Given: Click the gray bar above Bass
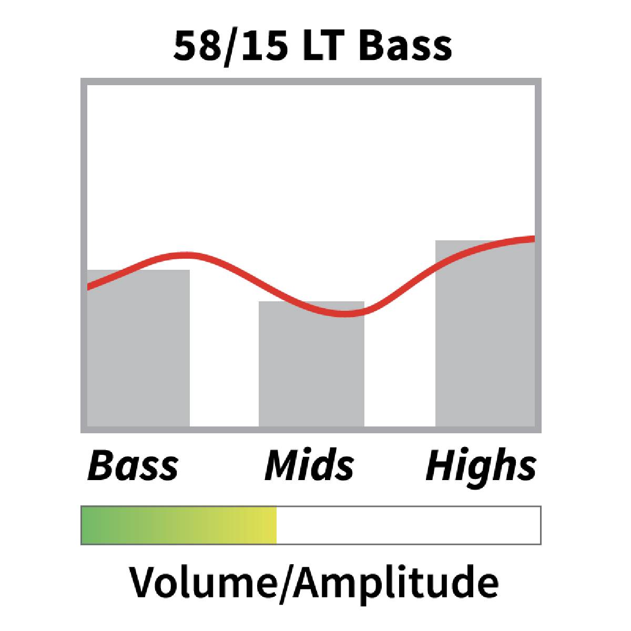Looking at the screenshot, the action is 138,348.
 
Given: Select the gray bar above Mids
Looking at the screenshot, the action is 311,364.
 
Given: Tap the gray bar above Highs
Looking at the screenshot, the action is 485,333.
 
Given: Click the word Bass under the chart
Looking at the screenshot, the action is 133,465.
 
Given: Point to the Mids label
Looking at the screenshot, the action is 309,465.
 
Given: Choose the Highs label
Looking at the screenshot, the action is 481,469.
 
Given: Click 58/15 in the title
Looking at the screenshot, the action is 230,46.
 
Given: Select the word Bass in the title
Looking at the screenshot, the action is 405,46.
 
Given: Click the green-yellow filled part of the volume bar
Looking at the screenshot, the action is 179,525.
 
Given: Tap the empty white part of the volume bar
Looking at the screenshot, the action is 409,525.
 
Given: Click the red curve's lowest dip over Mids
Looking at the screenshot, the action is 344,314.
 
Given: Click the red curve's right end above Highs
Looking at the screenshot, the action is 534,239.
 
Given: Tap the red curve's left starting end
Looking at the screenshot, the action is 88,287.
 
